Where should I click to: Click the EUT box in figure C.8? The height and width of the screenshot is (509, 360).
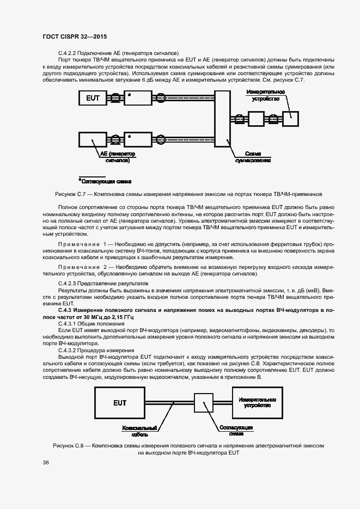click(120, 403)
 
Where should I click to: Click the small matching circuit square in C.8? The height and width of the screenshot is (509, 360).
click(203, 403)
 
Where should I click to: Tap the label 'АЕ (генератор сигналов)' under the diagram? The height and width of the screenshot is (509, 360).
click(115, 157)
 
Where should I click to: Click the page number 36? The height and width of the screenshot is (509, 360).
click(46, 462)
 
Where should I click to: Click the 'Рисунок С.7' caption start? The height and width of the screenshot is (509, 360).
click(71, 194)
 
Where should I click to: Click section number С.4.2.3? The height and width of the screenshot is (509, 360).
click(69, 284)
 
